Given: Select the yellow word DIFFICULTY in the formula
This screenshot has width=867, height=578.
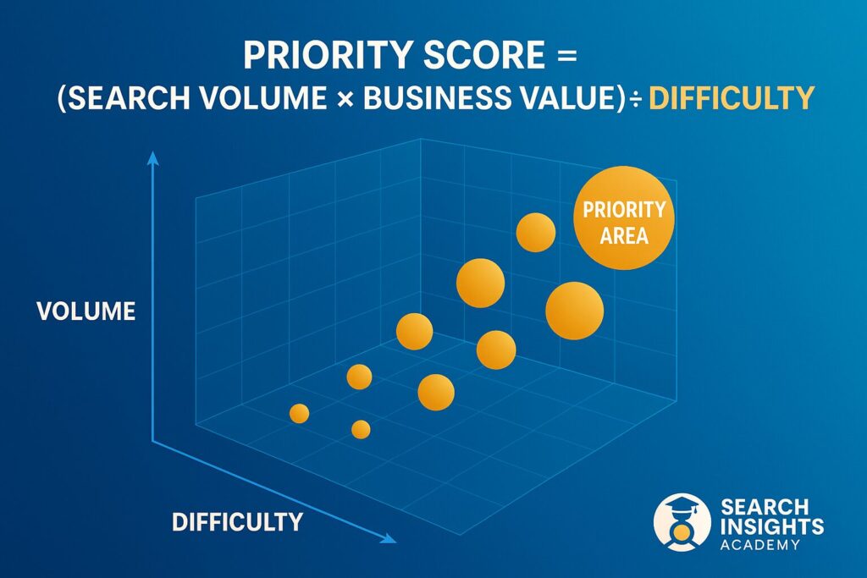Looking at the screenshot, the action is (x=731, y=98).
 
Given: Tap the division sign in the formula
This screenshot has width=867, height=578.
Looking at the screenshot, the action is (x=636, y=99).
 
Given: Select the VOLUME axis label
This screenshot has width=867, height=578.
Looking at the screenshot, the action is (x=86, y=311).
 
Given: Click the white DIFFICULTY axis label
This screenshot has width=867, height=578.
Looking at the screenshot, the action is (x=237, y=522).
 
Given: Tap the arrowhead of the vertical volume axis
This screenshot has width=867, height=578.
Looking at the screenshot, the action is (x=152, y=158).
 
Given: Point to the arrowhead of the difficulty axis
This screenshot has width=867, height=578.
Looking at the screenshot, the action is (x=389, y=538).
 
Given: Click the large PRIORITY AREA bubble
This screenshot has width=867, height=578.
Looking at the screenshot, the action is (x=624, y=217).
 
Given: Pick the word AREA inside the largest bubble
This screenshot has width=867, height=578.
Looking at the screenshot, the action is (x=624, y=236).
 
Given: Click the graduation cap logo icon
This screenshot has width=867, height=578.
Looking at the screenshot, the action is (x=682, y=522).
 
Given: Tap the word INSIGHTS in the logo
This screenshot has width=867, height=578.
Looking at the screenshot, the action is (x=771, y=526).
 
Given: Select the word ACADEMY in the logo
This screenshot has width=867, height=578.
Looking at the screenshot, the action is (x=759, y=545).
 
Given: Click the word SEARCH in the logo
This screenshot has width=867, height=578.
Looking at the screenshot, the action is (x=765, y=507).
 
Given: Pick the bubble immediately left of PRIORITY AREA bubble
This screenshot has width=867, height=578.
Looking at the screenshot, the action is (x=536, y=232).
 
